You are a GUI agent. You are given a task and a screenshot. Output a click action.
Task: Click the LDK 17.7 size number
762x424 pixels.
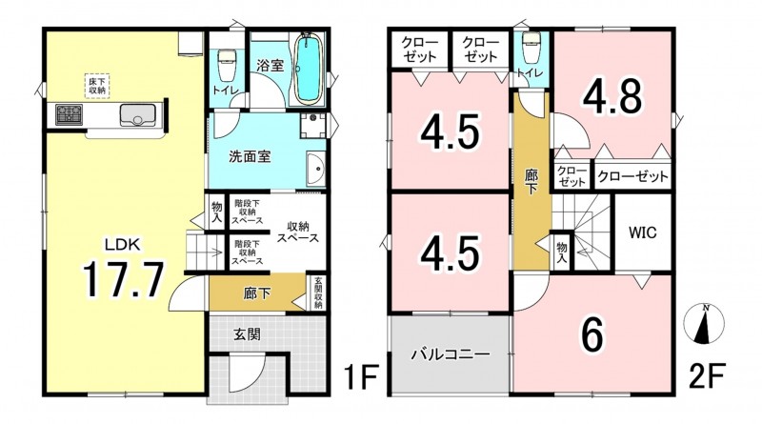click(123, 279)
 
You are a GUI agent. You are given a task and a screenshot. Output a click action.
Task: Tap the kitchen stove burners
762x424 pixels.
click(70, 114)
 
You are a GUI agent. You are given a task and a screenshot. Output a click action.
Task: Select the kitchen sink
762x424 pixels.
click(138, 115)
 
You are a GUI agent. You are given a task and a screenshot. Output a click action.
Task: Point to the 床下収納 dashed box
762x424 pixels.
click(97, 86)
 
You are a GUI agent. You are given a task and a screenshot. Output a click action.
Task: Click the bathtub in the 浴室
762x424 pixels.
click(308, 68)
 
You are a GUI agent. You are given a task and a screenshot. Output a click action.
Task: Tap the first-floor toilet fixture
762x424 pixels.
click(226, 66)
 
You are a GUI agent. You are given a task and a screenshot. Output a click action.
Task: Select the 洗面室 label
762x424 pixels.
click(250, 157)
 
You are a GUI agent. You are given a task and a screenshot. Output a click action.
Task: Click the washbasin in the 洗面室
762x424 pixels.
click(316, 169)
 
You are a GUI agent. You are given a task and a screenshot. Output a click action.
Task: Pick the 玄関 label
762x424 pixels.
click(247, 334)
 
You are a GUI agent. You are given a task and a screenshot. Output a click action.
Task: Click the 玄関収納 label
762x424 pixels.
click(318, 293)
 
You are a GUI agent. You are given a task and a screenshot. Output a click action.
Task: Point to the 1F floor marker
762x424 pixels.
click(360, 376)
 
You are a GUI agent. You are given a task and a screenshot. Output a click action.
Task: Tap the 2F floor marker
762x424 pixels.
click(707, 375)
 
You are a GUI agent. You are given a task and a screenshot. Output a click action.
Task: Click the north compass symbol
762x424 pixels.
click(703, 324)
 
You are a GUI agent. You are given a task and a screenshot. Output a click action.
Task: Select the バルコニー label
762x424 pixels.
click(450, 354)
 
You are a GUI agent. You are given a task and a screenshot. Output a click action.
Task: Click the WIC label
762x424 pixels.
click(642, 232)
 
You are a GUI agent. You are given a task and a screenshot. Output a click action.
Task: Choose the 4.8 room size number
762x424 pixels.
click(612, 97)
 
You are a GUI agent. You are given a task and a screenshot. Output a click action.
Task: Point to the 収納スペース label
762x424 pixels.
click(298, 232)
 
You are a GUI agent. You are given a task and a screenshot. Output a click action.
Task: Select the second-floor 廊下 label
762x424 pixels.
click(531, 182)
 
